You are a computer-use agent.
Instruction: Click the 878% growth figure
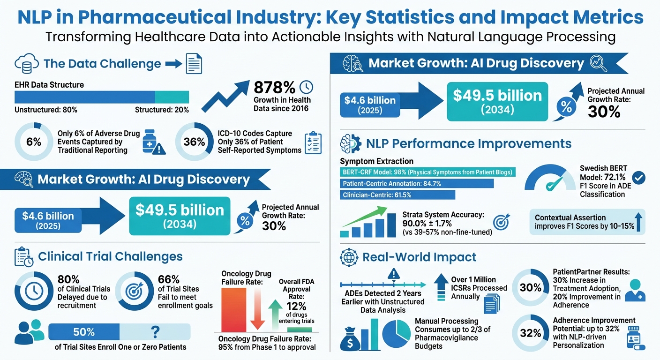(x=274, y=88)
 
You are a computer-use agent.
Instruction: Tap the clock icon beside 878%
(x=306, y=87)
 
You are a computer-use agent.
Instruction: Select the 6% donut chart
(x=34, y=142)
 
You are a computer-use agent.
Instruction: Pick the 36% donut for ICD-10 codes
(x=194, y=142)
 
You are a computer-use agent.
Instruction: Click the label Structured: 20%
(x=162, y=110)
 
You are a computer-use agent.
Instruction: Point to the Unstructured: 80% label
(x=46, y=110)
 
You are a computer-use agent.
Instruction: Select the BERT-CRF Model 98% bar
(x=427, y=172)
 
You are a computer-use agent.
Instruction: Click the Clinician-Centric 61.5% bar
(x=397, y=195)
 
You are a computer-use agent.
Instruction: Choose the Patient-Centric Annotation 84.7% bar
(x=417, y=184)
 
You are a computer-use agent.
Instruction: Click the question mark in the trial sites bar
(x=155, y=332)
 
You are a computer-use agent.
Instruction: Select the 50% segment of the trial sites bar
(x=84, y=332)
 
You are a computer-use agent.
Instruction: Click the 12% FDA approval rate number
(x=296, y=306)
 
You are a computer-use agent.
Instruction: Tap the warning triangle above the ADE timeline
(x=394, y=274)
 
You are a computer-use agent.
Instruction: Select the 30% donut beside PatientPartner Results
(x=531, y=287)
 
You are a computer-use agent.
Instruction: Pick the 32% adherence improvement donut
(x=531, y=333)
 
